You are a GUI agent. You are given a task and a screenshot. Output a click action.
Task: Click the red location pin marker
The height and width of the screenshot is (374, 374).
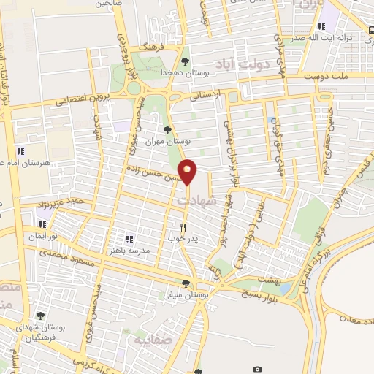point(188,172)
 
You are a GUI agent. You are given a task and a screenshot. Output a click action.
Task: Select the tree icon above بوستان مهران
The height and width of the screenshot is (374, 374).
point(168,129)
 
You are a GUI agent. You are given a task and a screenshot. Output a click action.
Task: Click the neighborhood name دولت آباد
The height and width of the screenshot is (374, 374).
point(244,63)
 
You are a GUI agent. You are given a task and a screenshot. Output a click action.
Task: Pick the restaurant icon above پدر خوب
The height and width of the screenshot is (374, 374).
point(183,226)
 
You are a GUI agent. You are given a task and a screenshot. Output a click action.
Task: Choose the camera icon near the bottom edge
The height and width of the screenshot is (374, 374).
point(257,370)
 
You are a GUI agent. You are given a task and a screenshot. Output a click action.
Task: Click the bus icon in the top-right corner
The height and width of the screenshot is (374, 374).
point(371,30)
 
